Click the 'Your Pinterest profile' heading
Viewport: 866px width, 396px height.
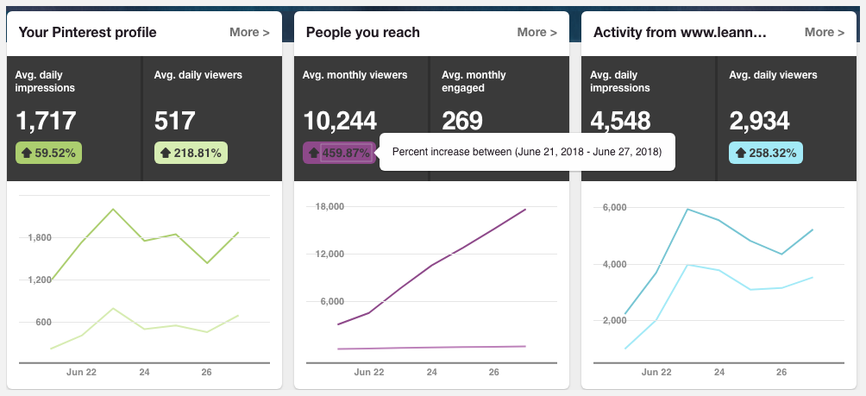[87, 33]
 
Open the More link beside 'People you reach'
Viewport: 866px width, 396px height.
[537, 33]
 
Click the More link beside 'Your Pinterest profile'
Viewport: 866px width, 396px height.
[249, 33]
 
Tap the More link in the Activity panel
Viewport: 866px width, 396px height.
[824, 33]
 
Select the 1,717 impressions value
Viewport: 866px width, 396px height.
[46, 121]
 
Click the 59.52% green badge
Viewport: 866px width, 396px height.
[48, 154]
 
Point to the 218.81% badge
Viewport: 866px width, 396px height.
[191, 154]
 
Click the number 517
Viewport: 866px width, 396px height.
[174, 121]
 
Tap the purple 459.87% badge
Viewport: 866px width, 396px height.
[338, 154]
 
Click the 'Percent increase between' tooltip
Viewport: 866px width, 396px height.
[526, 152]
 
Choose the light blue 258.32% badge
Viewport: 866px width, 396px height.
[766, 154]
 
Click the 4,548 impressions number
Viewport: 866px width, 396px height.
[620, 121]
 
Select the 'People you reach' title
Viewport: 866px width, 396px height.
[363, 33]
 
